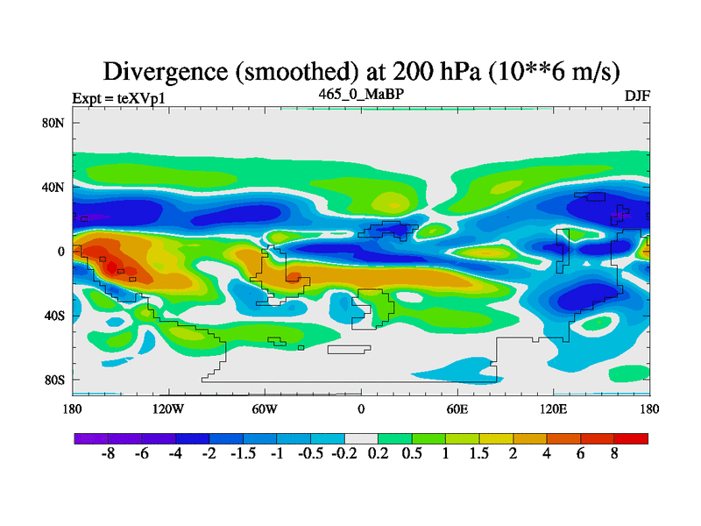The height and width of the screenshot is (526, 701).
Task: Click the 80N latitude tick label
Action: (x=54, y=123)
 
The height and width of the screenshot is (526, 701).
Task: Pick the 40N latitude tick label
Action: (x=54, y=187)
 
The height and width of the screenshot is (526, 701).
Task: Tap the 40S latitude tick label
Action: (x=54, y=315)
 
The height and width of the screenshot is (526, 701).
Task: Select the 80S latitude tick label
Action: (x=54, y=380)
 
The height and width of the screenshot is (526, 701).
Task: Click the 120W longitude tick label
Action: (x=168, y=409)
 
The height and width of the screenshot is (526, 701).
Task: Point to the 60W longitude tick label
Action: (x=265, y=409)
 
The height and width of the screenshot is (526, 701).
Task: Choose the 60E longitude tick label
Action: (x=457, y=409)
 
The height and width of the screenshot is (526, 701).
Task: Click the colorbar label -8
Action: (x=108, y=455)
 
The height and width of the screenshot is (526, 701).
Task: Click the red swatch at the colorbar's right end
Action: (x=631, y=437)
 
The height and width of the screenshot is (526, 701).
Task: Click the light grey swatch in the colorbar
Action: (x=361, y=437)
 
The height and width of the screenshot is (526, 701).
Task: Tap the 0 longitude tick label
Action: (x=361, y=409)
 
